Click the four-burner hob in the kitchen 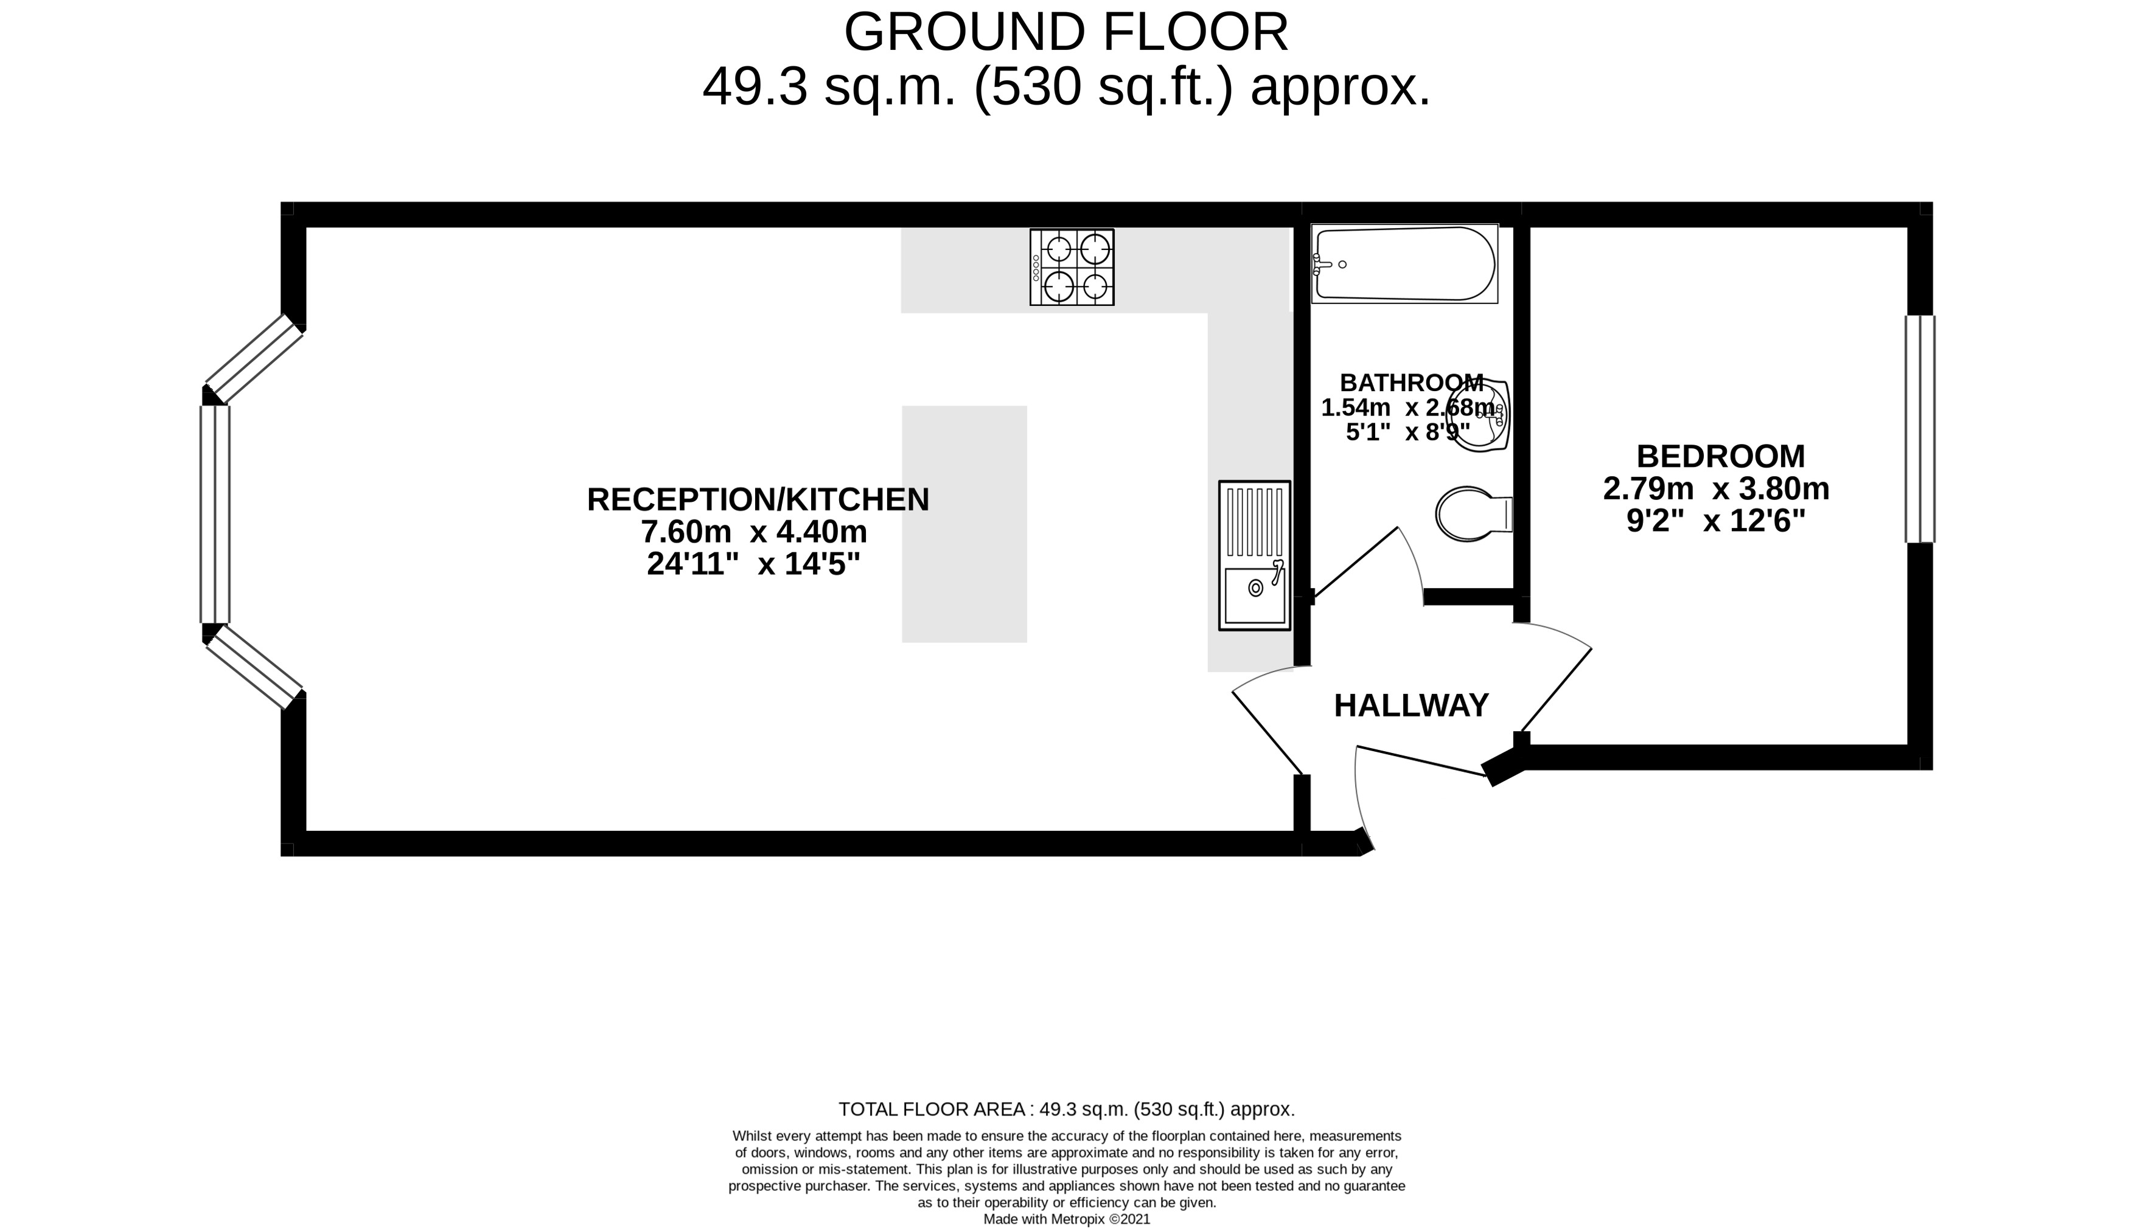point(1072,266)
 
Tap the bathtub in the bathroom point(1404,263)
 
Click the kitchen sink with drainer point(1255,555)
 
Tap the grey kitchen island point(964,524)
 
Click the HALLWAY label point(1411,705)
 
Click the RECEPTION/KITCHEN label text point(758,499)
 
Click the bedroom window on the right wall point(1920,428)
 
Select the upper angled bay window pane point(254,358)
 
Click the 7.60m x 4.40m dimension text point(753,532)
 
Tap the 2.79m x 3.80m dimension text point(1717,488)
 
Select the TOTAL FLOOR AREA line point(1067,1109)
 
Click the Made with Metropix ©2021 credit point(1067,1219)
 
